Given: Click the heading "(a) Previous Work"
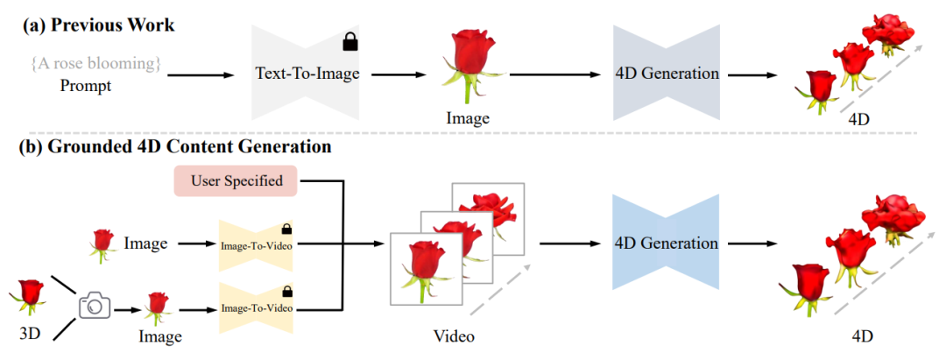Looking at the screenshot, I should pos(98,25).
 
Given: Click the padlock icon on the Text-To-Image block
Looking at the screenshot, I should pos(349,40).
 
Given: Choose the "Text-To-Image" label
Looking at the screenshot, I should pos(307,74).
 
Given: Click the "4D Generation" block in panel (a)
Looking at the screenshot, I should pos(667,74).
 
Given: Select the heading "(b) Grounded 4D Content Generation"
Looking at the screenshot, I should pos(176,147).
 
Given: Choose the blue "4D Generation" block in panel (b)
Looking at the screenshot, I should pos(667,244).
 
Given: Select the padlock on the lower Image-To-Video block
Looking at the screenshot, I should pos(286,292).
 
